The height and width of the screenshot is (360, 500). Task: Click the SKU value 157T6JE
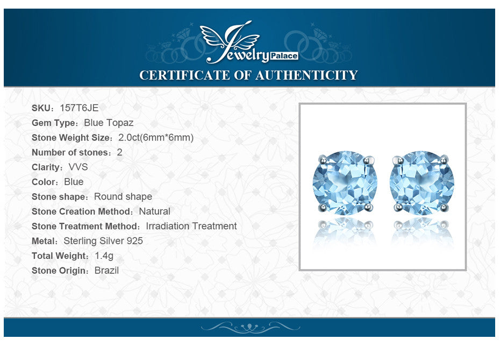click(79, 108)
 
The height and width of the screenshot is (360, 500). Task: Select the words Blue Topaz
click(109, 123)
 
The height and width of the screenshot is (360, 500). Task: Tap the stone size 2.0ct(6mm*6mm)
click(156, 138)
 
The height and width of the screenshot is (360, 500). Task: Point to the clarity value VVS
click(78, 167)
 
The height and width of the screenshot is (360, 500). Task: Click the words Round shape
click(123, 196)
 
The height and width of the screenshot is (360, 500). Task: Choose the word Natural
click(155, 211)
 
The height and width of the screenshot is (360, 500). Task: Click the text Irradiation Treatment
click(191, 226)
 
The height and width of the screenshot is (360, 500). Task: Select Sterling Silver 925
click(103, 241)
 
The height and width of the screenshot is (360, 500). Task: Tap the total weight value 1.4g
click(104, 256)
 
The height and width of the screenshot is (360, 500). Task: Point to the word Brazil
click(106, 271)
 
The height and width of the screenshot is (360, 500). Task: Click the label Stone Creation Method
click(82, 211)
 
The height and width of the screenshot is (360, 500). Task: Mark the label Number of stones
click(70, 152)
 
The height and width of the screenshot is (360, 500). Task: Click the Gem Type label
click(54, 123)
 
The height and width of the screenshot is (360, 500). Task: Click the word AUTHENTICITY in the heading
click(306, 75)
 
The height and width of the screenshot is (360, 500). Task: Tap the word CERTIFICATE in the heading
click(185, 75)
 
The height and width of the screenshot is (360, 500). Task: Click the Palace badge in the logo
click(284, 56)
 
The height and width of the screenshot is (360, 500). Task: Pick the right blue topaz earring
click(422, 183)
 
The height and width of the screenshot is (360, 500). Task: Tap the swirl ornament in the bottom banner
click(251, 327)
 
